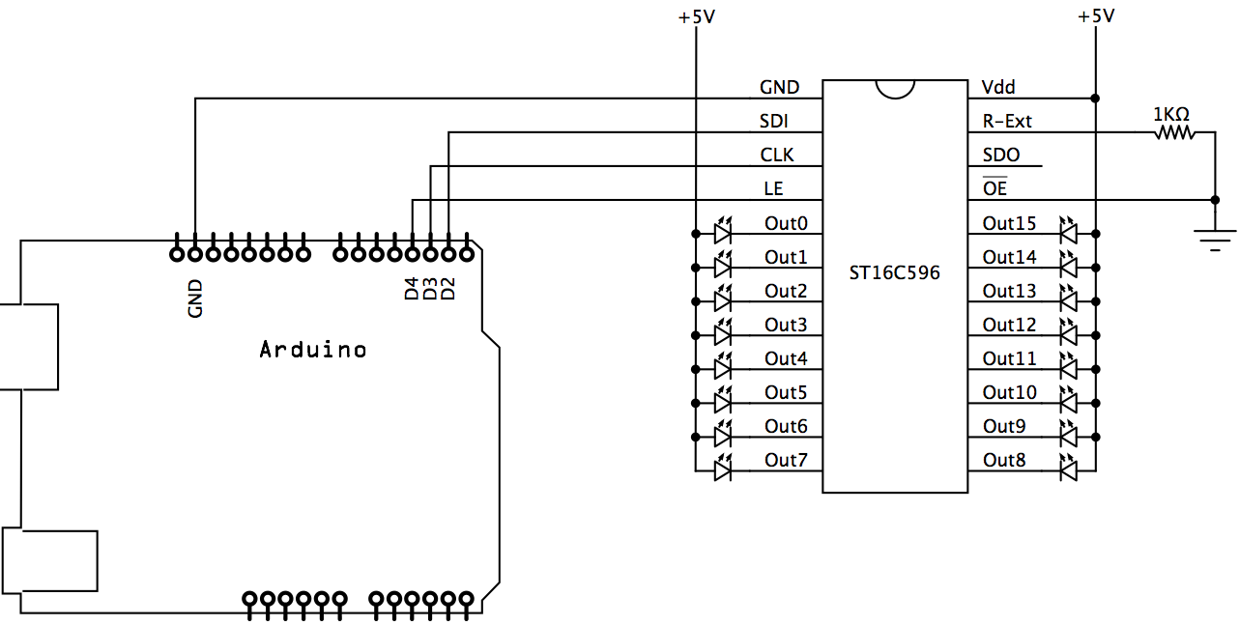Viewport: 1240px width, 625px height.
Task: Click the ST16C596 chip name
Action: click(895, 273)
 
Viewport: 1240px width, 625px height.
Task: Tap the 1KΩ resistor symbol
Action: click(1173, 135)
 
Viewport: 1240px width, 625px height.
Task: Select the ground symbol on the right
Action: click(1215, 237)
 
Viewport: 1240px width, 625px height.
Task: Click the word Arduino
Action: click(313, 350)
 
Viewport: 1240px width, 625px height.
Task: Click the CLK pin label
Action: click(778, 155)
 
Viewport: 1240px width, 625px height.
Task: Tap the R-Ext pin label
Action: click(1007, 121)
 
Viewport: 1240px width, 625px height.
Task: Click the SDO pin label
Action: click(1000, 155)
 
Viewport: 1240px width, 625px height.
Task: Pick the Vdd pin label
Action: click(998, 87)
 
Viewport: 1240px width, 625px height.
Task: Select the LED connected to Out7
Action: click(722, 470)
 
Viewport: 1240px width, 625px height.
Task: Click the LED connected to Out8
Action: click(1068, 470)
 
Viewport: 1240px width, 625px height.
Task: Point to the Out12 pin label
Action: click(1009, 325)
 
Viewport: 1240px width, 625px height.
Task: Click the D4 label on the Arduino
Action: click(412, 288)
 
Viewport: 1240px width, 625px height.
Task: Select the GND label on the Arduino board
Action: click(195, 299)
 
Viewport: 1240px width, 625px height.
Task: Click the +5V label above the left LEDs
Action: click(695, 16)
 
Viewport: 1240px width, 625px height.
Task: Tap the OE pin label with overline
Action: click(995, 188)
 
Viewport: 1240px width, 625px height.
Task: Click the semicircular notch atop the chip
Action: click(895, 88)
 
